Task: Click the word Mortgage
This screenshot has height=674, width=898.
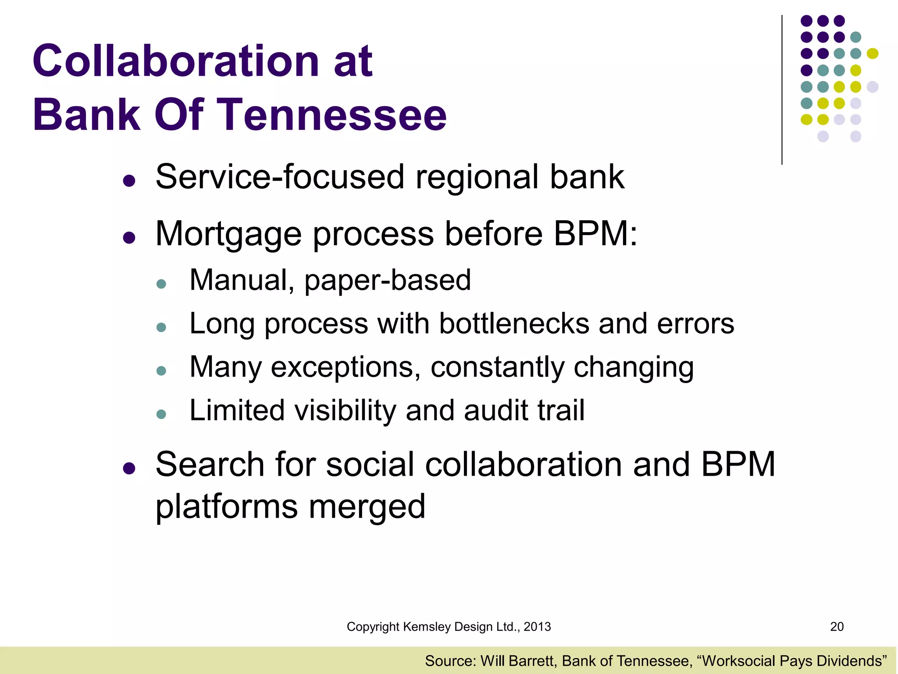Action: [x=228, y=234]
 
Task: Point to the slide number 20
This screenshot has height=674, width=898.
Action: [x=837, y=627]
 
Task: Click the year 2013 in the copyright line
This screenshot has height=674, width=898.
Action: [x=537, y=627]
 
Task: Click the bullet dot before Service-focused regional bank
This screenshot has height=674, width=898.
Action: [x=129, y=181]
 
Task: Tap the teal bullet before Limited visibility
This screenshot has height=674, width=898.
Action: [x=161, y=414]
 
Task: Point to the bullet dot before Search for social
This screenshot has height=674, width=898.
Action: [x=129, y=469]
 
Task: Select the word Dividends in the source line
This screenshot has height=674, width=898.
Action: [x=847, y=661]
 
